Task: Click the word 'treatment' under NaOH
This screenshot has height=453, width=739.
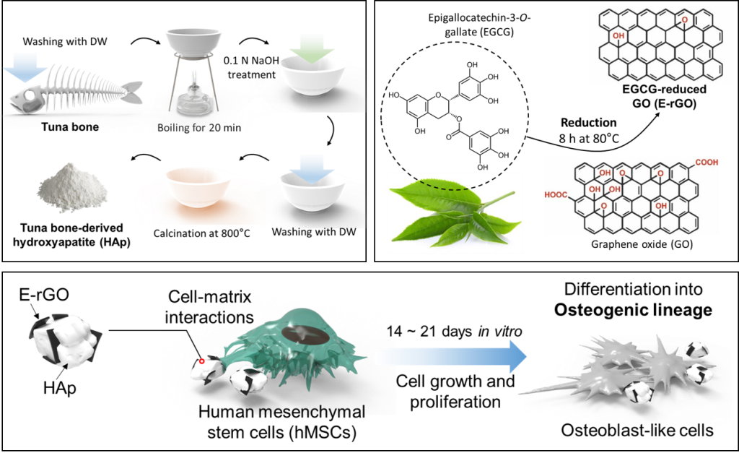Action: point(252,74)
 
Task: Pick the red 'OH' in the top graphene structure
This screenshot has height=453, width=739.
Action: point(618,34)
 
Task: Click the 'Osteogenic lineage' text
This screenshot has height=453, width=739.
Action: point(632,311)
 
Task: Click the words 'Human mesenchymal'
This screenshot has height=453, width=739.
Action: point(281,411)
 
